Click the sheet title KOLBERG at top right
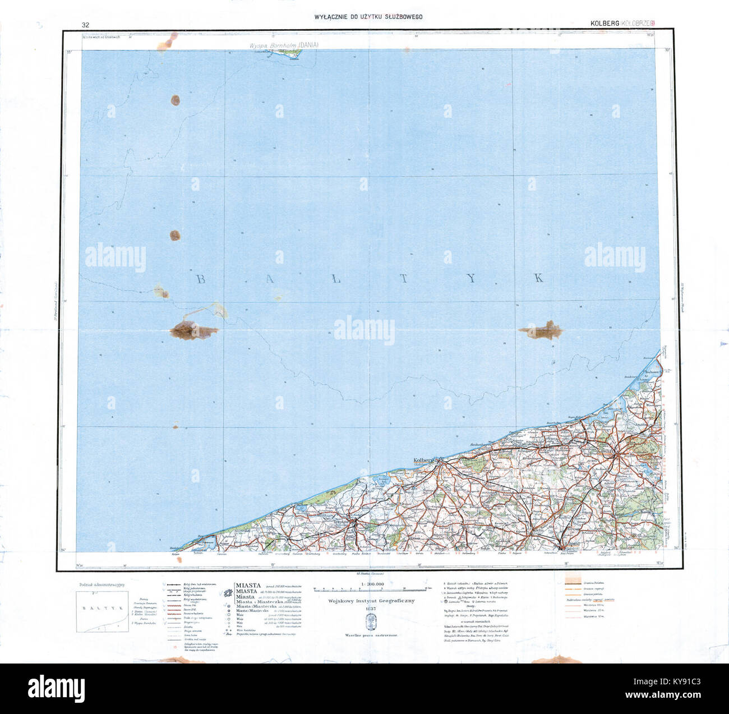click(604, 24)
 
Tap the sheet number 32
click(85, 25)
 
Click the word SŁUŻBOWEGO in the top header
click(398, 17)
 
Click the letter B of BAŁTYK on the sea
click(200, 279)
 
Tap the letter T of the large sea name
click(404, 279)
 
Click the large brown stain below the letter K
click(541, 331)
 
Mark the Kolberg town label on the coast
click(425, 460)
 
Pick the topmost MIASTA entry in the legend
click(248, 586)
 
